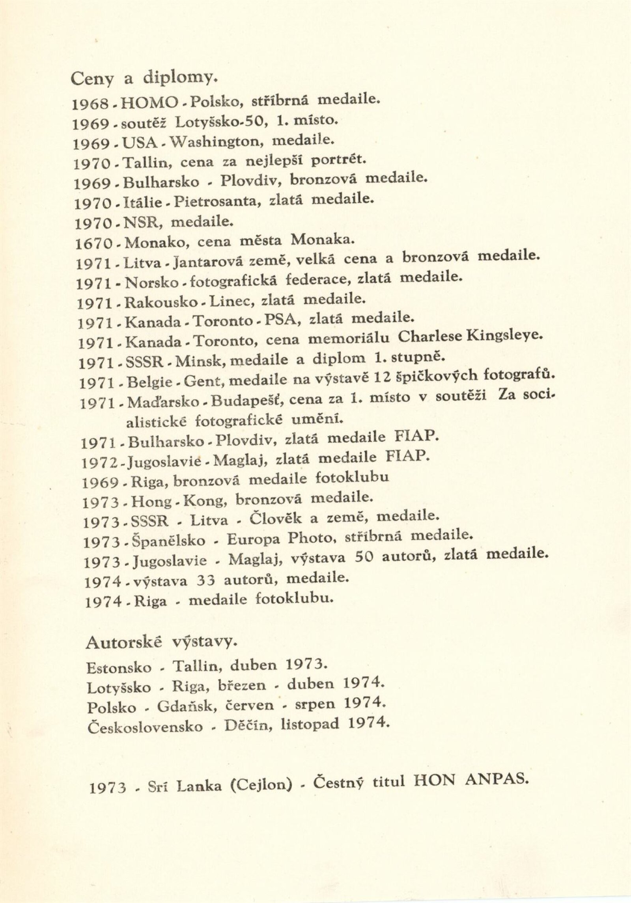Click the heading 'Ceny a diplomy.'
[144, 79]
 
